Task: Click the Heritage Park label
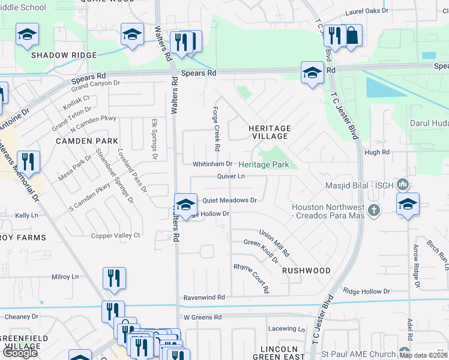point(264,164)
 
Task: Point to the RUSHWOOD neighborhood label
point(306,271)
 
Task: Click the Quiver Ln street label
point(231,176)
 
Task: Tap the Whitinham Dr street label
point(212,164)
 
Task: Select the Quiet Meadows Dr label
point(229,200)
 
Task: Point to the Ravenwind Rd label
point(204,297)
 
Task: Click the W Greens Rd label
point(203,317)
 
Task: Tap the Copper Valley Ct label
point(115,236)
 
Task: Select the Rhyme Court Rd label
point(251,278)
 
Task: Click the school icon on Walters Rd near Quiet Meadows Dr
point(186,205)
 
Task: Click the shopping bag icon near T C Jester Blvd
point(352,35)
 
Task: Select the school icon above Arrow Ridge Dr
point(408,203)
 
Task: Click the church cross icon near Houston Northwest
point(375,210)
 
